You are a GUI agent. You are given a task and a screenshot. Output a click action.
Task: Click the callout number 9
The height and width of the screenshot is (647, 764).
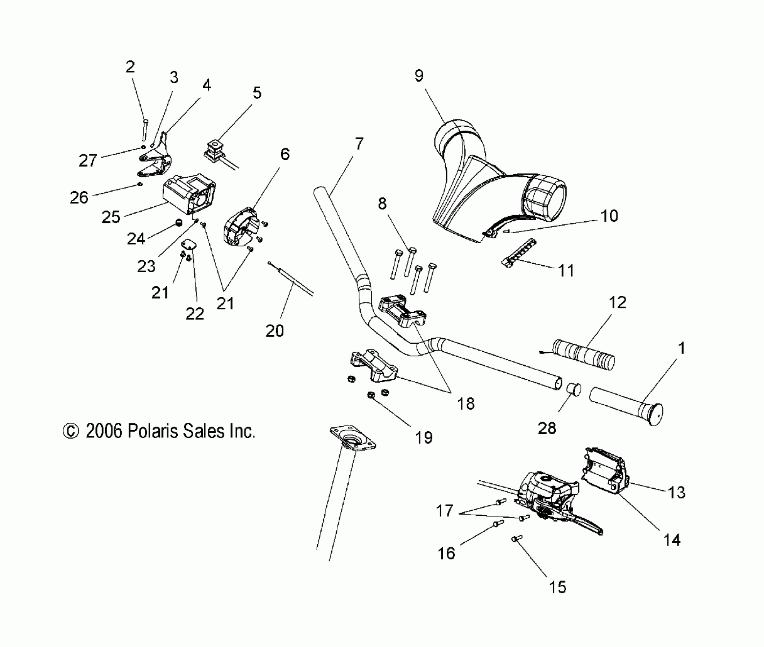tap(419, 76)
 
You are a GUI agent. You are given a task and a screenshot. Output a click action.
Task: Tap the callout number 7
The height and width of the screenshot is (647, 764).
tap(359, 144)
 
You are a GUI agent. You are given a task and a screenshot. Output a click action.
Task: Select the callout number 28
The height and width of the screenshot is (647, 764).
tap(547, 429)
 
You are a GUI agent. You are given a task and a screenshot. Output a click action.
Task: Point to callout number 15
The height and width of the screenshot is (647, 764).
tap(558, 587)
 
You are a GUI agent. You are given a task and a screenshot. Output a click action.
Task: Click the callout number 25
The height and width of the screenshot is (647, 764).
tap(111, 217)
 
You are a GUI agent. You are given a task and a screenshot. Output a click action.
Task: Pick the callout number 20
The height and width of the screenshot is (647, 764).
tap(275, 331)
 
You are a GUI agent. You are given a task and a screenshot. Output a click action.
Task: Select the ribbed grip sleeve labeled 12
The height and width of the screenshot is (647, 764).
tap(584, 354)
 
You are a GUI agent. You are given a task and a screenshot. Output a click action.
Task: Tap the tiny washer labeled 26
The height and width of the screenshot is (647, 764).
tap(140, 185)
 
